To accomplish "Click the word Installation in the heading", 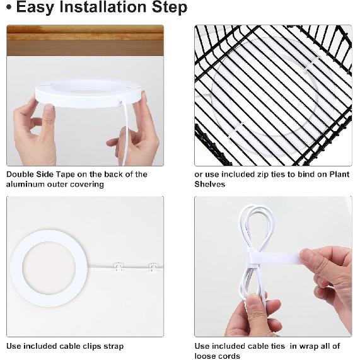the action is click(103, 7).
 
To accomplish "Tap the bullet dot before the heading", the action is click(9, 7).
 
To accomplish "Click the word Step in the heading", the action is click(170, 8).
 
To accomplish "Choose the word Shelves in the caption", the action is click(209, 184).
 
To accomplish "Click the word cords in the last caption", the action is click(229, 356).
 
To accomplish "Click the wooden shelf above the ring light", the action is click(85, 40).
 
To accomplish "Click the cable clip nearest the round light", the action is click(119, 267).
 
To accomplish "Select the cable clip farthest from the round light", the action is click(154, 267).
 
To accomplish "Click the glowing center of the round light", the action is click(49, 268).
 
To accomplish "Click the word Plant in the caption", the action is click(340, 174).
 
